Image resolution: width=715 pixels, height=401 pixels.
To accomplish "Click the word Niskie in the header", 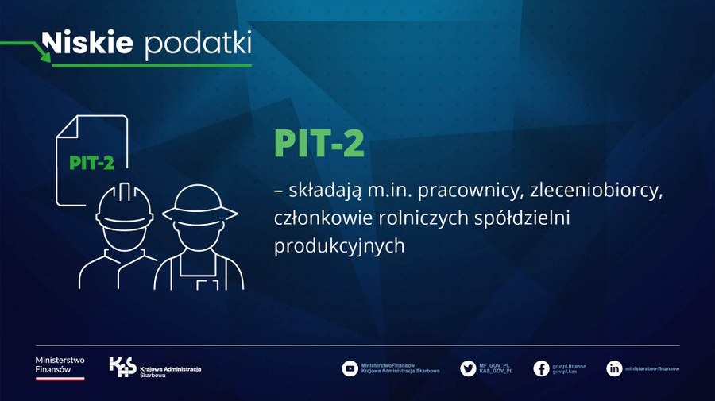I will click(x=87, y=43).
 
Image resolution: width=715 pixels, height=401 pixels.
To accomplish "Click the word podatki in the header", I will click(x=198, y=44).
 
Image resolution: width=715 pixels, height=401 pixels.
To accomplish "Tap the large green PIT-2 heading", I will click(x=319, y=144).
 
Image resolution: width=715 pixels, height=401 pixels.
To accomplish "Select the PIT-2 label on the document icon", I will click(x=91, y=163).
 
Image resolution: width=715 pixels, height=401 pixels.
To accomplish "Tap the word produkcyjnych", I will click(x=339, y=246).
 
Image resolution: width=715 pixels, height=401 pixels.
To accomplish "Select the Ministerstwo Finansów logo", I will click(x=60, y=367).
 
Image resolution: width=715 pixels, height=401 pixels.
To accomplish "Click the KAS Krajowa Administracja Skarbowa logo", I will click(x=156, y=368).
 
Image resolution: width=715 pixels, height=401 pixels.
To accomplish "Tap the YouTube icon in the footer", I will click(x=350, y=368).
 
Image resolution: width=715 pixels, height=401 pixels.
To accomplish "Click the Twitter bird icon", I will click(x=468, y=368).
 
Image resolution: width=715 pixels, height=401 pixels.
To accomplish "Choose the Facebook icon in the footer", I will click(x=541, y=368).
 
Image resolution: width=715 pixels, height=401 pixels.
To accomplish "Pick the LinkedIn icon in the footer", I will click(x=614, y=368).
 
